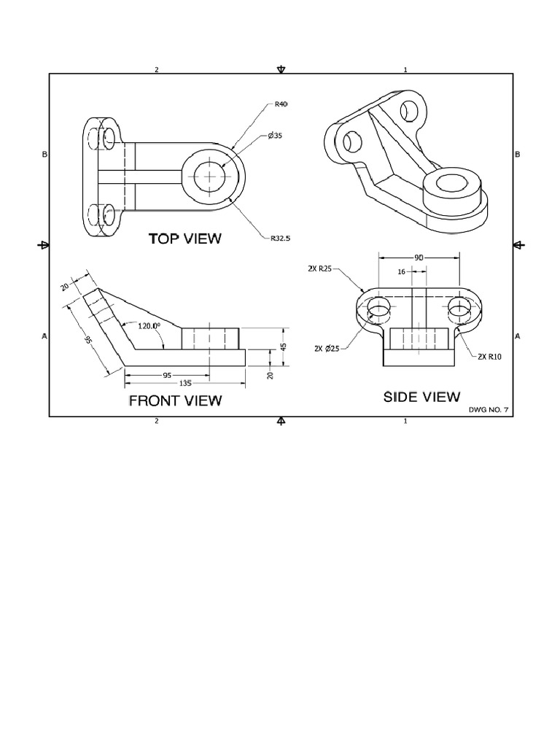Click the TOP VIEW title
[x=184, y=239]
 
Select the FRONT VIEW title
[x=175, y=400]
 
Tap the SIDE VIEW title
[x=422, y=396]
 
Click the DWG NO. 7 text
[x=491, y=411]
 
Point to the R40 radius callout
[x=281, y=104]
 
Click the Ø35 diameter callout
[x=274, y=136]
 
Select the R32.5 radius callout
[x=280, y=238]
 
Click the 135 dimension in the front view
[x=185, y=382]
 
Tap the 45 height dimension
[x=283, y=346]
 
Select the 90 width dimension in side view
[x=419, y=257]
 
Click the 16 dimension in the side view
[x=400, y=271]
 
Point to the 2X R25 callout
[x=320, y=268]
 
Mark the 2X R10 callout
[x=491, y=357]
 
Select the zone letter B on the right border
[x=517, y=155]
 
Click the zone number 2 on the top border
[x=156, y=70]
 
